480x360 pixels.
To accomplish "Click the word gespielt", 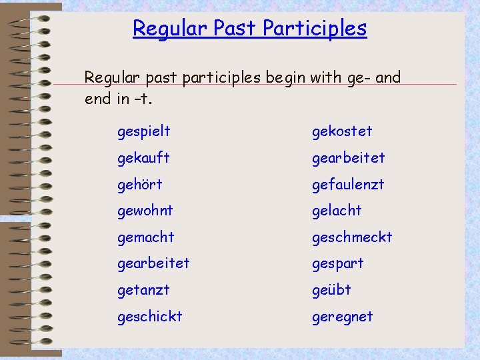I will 143,132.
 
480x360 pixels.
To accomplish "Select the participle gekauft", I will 143,159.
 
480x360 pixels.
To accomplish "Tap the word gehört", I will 139,185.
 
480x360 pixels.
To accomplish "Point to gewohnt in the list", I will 145,211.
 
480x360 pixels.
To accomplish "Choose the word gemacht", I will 145,237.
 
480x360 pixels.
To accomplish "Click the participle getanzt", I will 143,291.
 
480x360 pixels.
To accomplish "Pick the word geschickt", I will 149,317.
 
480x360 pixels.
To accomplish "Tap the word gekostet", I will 342,132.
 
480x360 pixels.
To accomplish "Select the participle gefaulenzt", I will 348,185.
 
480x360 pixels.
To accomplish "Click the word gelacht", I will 337,211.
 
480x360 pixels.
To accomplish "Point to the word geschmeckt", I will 352,237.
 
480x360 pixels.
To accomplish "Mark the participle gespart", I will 338,264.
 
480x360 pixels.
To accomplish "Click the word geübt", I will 331,291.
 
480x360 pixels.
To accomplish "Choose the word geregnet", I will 343,317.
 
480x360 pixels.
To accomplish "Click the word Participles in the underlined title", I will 315,29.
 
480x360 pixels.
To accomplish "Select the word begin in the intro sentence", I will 284,79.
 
